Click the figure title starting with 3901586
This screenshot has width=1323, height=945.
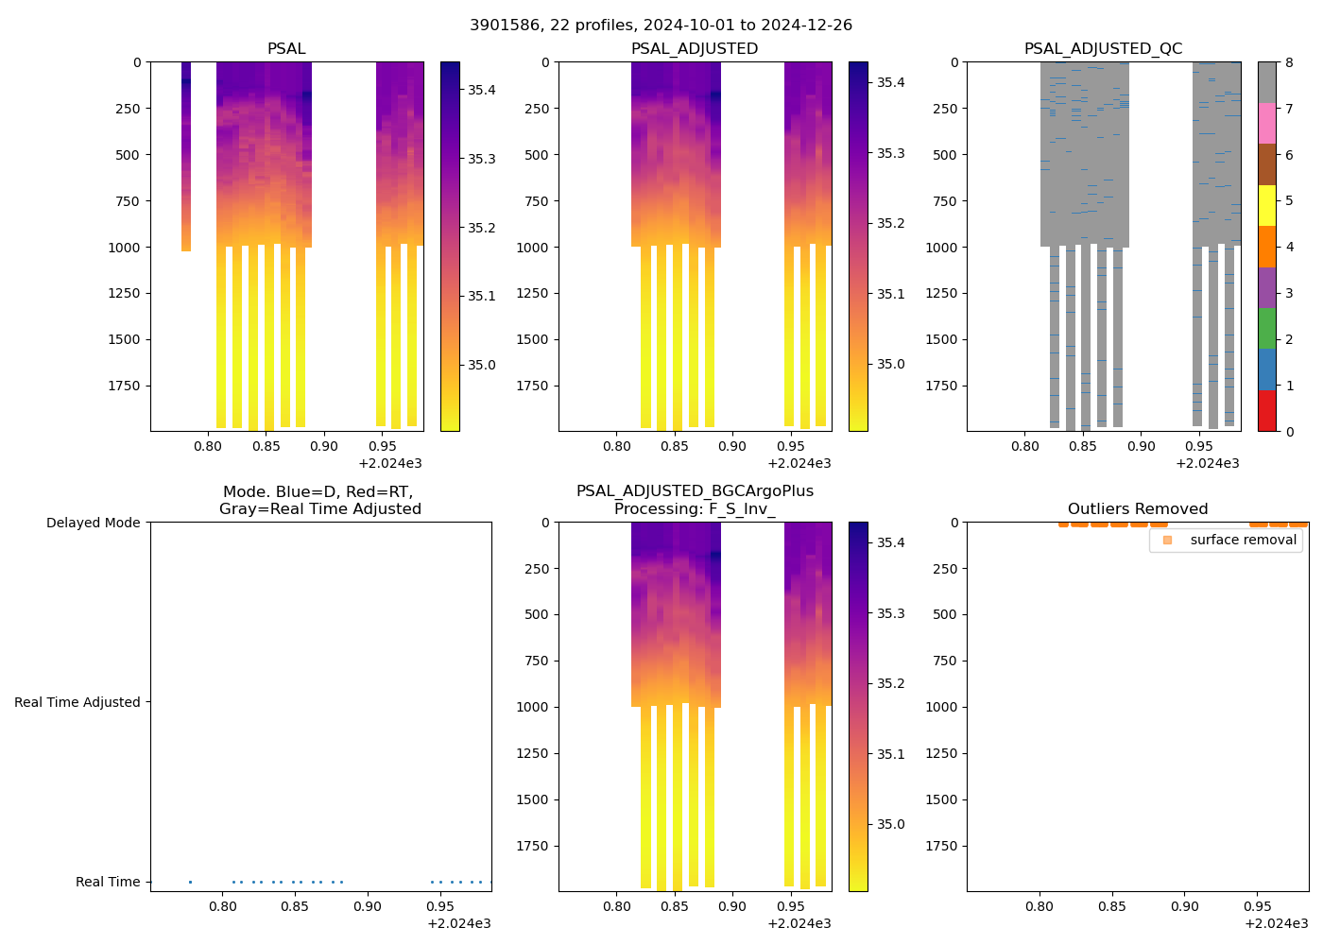click(661, 26)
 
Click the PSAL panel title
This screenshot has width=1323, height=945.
click(286, 49)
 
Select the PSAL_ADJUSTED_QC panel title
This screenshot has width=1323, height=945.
click(1103, 49)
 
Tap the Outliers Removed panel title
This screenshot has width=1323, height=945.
click(1137, 509)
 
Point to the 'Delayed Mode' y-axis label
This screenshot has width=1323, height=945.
click(93, 523)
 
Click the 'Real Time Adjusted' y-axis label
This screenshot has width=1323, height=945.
click(77, 702)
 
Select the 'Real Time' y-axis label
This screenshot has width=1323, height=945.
click(108, 882)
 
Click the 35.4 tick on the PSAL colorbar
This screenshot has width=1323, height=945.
click(482, 90)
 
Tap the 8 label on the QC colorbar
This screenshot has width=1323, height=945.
click(1289, 62)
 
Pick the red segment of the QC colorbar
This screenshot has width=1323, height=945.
click(1266, 411)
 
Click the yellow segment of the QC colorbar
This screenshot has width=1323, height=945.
click(1266, 205)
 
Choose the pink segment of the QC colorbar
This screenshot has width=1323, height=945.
click(1266, 124)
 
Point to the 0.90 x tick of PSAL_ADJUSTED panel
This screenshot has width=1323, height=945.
click(731, 446)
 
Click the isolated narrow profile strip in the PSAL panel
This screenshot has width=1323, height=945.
click(186, 156)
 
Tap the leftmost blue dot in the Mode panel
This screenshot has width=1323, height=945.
click(190, 882)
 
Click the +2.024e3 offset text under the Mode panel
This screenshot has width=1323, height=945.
click(458, 923)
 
